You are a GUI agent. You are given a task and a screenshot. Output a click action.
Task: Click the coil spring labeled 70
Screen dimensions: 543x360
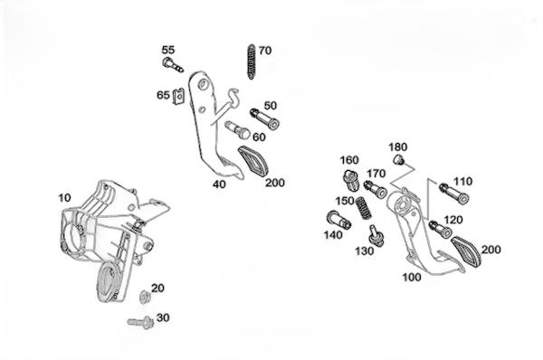(x=251, y=62)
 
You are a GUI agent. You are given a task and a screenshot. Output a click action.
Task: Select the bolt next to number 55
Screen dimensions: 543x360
(x=173, y=65)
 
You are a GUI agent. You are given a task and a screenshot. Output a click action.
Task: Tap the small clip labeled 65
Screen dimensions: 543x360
(x=178, y=97)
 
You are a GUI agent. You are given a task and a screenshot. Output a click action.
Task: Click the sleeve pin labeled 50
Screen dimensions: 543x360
(x=264, y=118)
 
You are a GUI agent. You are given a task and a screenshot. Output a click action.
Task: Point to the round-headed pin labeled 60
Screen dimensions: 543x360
(x=238, y=129)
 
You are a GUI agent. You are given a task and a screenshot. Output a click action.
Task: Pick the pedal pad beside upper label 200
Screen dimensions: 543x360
(x=253, y=161)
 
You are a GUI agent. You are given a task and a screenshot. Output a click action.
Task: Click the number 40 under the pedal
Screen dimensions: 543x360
(x=219, y=185)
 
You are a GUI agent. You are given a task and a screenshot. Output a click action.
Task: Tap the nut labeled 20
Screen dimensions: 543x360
(x=144, y=297)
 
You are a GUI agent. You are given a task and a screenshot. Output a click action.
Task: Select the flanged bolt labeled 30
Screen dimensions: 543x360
(x=140, y=322)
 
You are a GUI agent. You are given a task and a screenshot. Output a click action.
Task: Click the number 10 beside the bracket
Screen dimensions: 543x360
(x=64, y=198)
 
